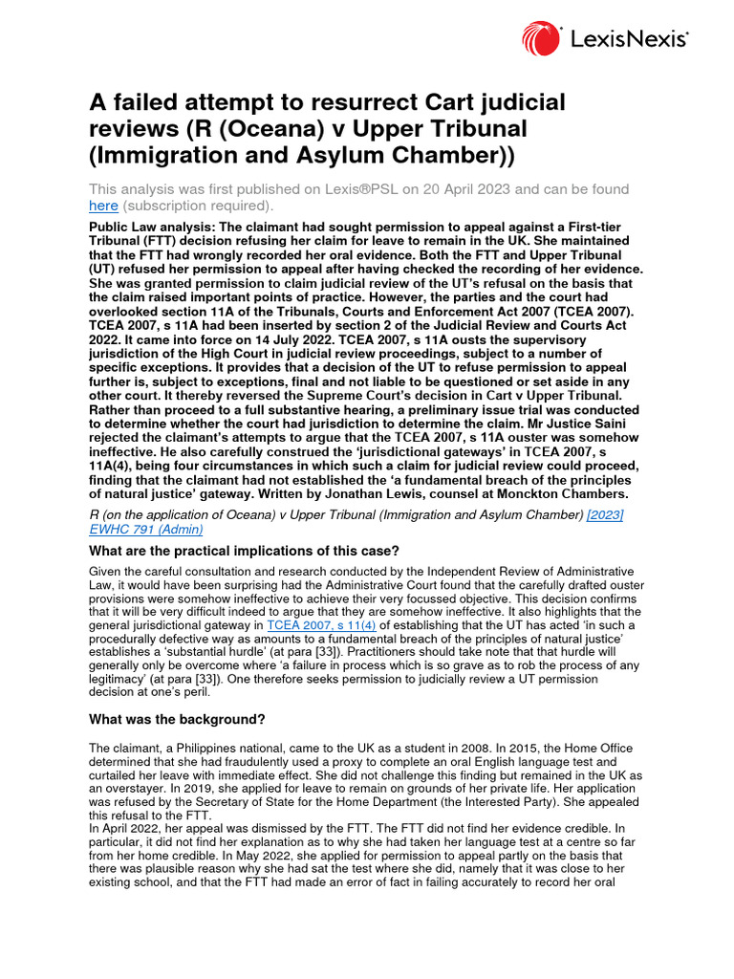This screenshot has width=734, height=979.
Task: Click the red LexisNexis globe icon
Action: coord(542,39)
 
